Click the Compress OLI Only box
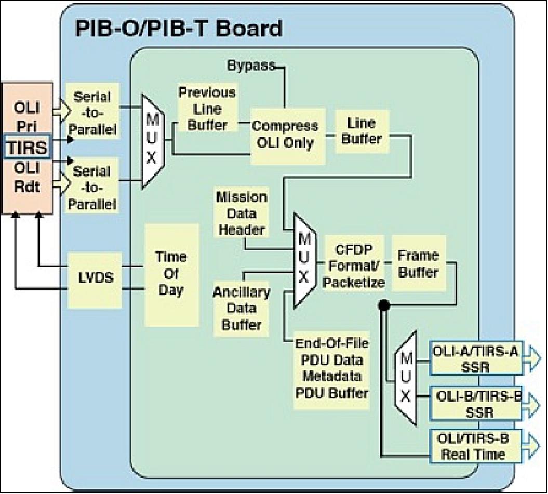[285, 134]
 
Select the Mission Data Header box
[242, 213]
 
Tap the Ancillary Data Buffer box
[242, 308]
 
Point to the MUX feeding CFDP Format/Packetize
[304, 260]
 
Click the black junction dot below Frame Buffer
[384, 305]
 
